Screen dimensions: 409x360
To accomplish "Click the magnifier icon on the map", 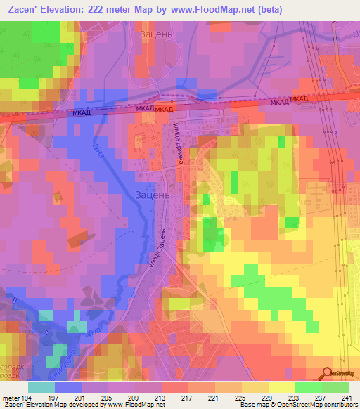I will click(x=328, y=375).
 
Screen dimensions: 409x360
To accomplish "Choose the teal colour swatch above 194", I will click(x=41, y=387).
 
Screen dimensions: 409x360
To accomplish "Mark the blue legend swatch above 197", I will click(x=68, y=387).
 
